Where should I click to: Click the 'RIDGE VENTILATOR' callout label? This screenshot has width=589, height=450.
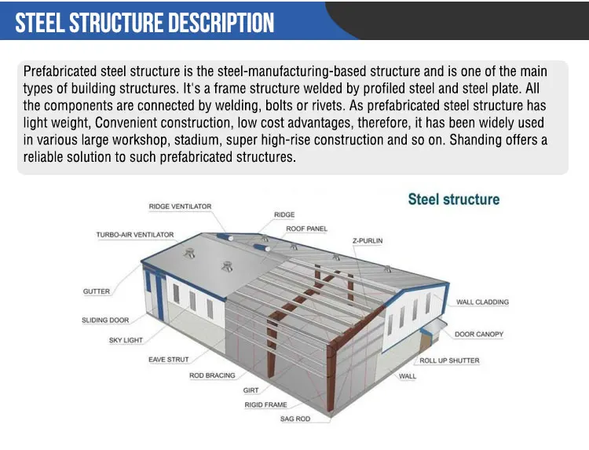[x=180, y=207]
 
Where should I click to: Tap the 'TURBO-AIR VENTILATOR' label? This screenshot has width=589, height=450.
[x=135, y=235]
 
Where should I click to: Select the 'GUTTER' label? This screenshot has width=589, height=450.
[x=97, y=291]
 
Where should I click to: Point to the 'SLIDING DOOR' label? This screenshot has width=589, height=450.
[x=105, y=320]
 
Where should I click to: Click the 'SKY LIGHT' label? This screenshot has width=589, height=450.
[x=126, y=340]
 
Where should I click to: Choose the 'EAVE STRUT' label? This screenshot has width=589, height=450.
[x=168, y=360]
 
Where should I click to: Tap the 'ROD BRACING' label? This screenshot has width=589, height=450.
[x=212, y=375]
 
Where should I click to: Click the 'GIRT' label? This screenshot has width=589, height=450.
[x=251, y=390]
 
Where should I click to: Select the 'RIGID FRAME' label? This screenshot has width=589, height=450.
[x=265, y=404]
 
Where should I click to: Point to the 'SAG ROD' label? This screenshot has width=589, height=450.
[x=295, y=419]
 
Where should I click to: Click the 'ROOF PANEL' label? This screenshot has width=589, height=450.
[x=306, y=229]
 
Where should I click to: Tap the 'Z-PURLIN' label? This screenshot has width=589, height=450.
[x=367, y=240]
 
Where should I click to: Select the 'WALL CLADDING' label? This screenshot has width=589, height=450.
[x=482, y=302]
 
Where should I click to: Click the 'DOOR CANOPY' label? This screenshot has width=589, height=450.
[x=479, y=335]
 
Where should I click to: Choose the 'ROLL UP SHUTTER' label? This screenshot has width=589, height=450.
[x=449, y=360]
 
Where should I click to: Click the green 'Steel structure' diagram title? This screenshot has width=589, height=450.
[x=453, y=199]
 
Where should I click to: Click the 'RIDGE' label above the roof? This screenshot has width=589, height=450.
[x=284, y=214]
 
